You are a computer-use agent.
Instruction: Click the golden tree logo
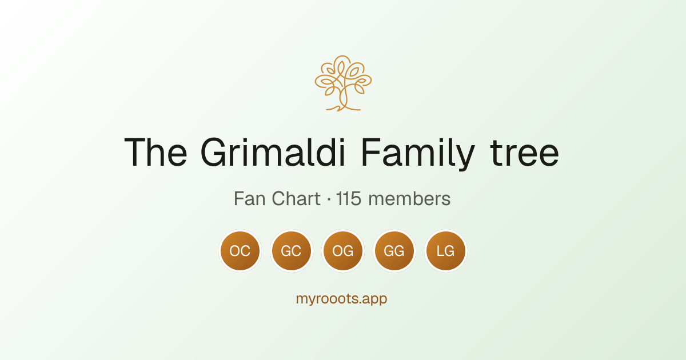point(343,83)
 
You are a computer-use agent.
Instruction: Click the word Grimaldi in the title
point(273,152)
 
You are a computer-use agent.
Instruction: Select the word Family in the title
point(418,154)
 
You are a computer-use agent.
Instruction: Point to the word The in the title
point(155,152)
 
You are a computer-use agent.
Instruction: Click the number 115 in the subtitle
point(349,199)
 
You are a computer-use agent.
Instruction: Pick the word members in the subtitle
point(409,199)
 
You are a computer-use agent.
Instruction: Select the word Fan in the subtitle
point(250,199)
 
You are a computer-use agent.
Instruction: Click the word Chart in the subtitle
point(296,199)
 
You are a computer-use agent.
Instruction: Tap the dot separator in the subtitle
point(329,199)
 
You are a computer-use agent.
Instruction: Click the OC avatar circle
point(240,251)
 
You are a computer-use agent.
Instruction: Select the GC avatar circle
point(292,251)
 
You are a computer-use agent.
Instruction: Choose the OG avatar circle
point(343,251)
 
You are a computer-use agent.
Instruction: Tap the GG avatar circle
point(394,251)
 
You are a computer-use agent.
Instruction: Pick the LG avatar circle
point(446,251)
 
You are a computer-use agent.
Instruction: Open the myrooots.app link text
point(341,299)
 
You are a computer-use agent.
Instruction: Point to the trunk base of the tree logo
point(343,108)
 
